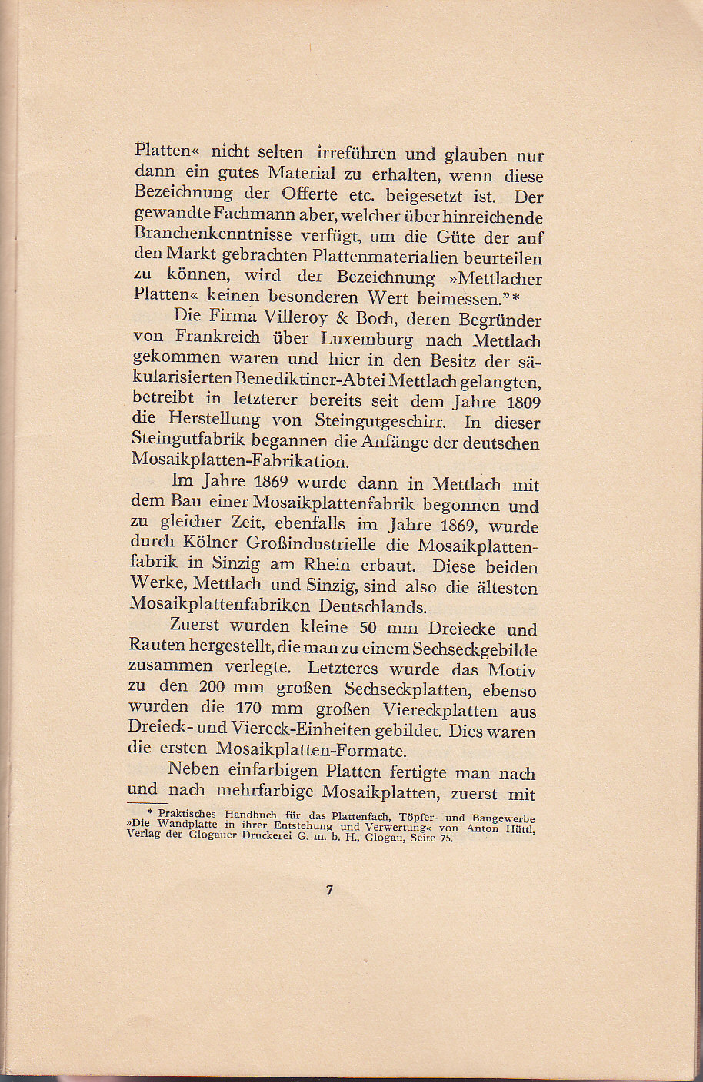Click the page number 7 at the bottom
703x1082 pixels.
(329, 891)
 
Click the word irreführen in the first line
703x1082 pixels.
(360, 153)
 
